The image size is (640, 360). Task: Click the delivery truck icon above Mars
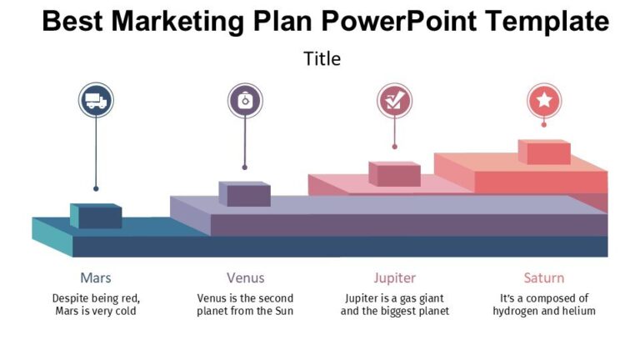96,101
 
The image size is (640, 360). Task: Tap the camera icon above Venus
245,101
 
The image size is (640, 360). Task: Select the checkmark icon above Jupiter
395,101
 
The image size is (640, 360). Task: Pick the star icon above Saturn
544,101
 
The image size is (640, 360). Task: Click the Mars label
96,277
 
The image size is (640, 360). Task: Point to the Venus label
245,277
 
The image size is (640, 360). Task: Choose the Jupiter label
395,277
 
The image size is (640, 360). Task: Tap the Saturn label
544,277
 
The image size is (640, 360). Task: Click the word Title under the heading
322,58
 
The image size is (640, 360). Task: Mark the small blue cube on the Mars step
97,216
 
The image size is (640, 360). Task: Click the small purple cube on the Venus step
245,194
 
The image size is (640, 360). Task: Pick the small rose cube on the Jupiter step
395,173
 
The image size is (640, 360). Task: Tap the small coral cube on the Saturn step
545,152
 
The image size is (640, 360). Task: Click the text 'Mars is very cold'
95,311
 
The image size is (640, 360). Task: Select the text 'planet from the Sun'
245,311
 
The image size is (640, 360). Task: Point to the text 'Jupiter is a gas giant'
395,297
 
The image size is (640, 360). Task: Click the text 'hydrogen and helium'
544,311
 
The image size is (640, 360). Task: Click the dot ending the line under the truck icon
96,188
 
